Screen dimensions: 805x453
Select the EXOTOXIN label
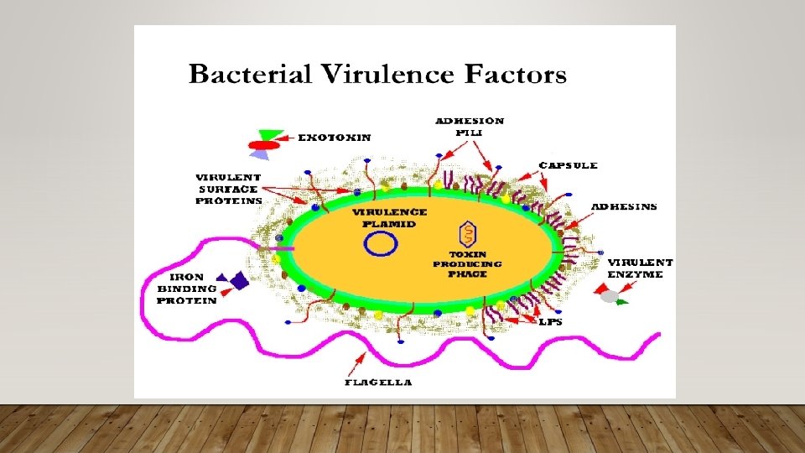pos(335,137)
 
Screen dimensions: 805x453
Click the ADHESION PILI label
pos(470,126)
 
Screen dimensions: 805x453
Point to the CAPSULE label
pos(569,165)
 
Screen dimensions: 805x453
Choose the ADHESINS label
pos(624,206)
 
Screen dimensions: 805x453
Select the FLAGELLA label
pos(378,382)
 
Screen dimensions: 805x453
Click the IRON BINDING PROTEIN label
pos(187,288)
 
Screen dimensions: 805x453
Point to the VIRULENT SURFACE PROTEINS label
pos(228,189)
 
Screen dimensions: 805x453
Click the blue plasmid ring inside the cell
pos(381,243)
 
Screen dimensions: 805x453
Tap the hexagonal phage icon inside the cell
pos(467,233)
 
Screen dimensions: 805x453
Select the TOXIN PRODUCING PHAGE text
pos(467,263)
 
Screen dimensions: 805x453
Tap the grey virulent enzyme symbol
pos(611,296)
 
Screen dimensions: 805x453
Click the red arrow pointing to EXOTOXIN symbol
pos(287,137)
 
